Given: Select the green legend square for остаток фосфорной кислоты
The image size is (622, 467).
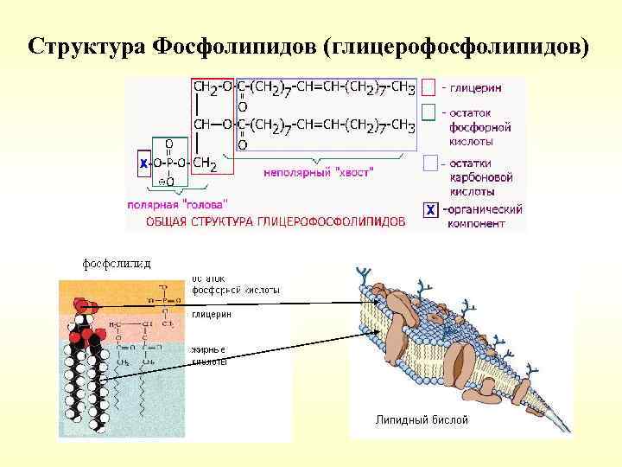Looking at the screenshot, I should (428, 113).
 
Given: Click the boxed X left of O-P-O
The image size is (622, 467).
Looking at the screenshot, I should (143, 162).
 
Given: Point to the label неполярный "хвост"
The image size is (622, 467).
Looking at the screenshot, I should (318, 173).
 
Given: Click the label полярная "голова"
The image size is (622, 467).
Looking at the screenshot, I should (177, 205).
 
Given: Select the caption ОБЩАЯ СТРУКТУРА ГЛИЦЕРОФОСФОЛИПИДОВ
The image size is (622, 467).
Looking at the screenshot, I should (275, 221).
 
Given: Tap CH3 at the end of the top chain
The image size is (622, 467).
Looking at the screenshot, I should (403, 88).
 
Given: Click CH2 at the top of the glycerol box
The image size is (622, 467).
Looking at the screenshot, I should (206, 88).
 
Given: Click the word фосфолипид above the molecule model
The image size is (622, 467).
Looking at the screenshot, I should (117, 263).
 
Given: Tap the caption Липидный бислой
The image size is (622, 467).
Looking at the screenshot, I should (422, 420).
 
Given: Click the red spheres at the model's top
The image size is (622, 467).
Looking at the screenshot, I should (83, 304).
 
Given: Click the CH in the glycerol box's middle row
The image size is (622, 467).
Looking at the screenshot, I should (201, 125).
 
